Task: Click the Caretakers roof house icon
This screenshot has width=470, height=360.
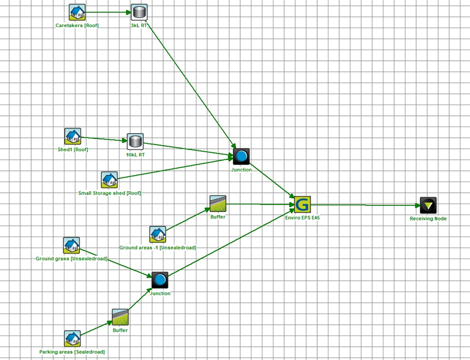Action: tap(76, 12)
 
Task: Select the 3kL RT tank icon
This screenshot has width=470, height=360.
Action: tap(139, 12)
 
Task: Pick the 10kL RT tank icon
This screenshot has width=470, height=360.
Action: tap(136, 142)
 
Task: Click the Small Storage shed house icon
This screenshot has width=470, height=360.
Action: tap(109, 180)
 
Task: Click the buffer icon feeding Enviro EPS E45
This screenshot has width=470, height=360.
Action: tap(217, 204)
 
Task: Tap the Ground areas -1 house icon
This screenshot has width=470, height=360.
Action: tap(157, 234)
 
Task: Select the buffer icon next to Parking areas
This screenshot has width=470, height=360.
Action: tap(120, 317)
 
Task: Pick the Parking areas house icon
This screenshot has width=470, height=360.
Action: tap(73, 339)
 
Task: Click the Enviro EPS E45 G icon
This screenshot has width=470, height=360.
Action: tap(302, 204)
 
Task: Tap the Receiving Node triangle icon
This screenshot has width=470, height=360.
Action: tap(428, 205)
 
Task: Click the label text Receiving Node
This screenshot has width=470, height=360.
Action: tap(428, 219)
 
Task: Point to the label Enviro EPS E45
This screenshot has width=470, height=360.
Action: tap(303, 219)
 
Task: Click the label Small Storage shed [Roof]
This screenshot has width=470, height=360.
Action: tap(110, 193)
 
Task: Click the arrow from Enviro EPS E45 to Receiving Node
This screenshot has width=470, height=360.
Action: tap(364, 205)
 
